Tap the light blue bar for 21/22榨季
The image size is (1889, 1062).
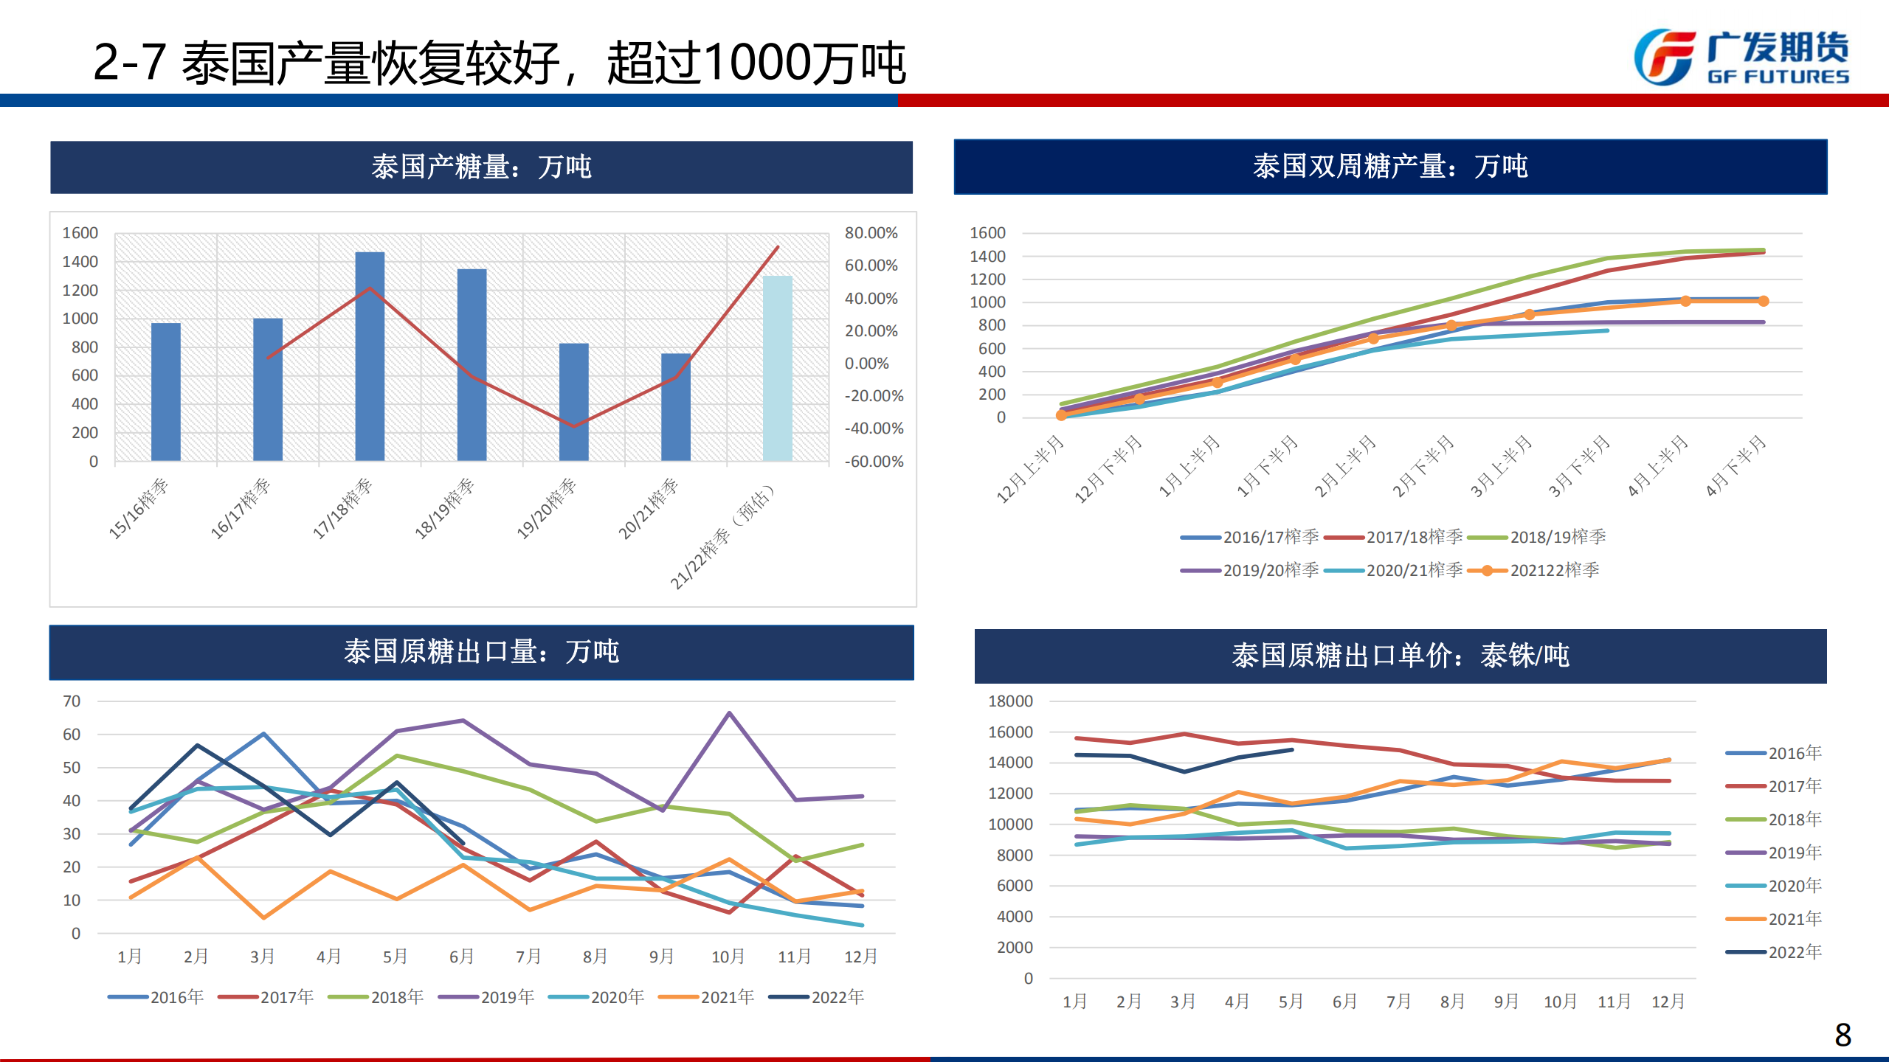coord(777,368)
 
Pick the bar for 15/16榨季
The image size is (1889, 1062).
coord(166,392)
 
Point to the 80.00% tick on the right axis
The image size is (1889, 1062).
coord(871,233)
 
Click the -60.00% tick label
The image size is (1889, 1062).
coord(874,462)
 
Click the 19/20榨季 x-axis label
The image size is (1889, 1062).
coord(547,508)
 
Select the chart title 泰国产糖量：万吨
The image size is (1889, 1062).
coord(481,167)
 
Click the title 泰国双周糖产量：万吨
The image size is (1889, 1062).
coord(1390,167)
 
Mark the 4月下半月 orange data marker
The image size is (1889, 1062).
coord(1764,301)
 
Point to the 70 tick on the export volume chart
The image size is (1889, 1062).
coord(72,701)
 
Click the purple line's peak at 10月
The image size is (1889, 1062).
coord(729,713)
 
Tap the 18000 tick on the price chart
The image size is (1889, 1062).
coord(1010,701)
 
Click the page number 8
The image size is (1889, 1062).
coord(1843,1035)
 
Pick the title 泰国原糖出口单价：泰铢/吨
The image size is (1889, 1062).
coord(1400,656)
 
